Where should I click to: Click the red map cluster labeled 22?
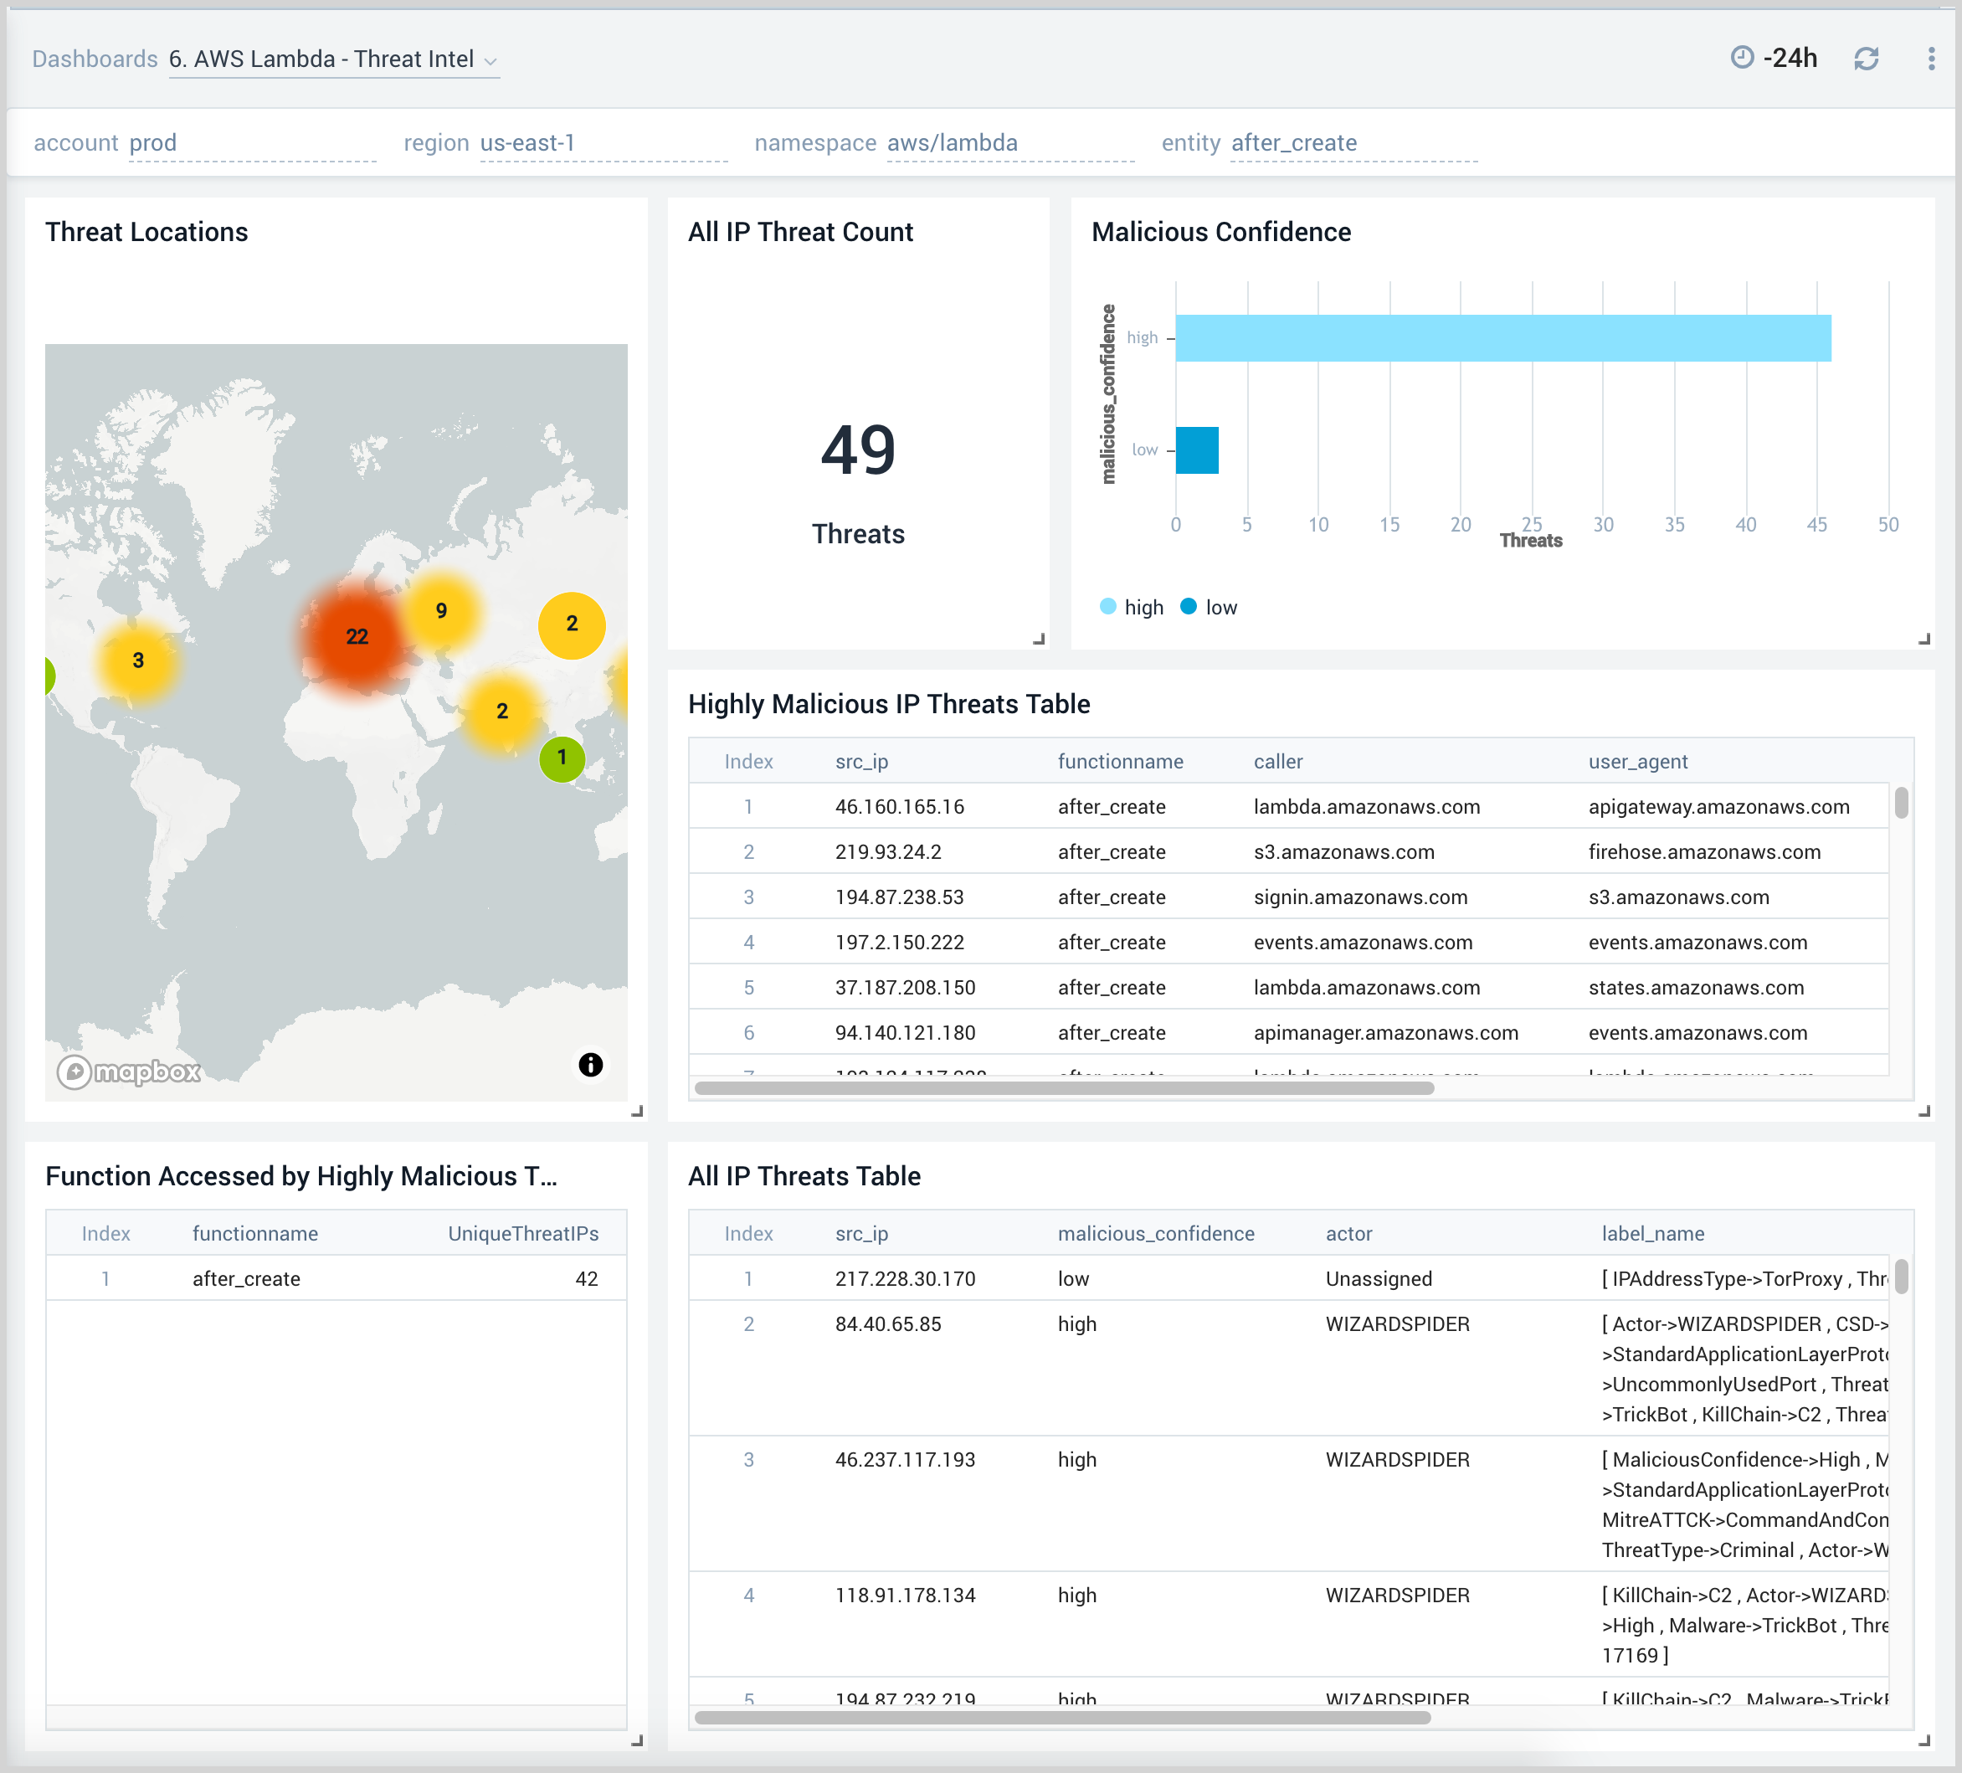point(357,636)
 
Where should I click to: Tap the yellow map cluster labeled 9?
point(441,611)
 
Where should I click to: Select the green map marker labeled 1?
point(562,757)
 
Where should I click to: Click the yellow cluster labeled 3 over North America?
point(138,660)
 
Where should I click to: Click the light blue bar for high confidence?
point(1502,337)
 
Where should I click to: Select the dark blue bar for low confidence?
point(1196,450)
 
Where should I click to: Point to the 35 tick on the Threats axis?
point(1674,525)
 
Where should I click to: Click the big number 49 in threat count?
point(857,450)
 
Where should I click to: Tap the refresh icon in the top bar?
point(1866,59)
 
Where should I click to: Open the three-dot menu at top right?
point(1931,59)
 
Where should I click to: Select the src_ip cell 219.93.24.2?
point(887,851)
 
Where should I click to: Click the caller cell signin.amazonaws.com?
point(1359,897)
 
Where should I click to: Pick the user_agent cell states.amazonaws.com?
point(1695,988)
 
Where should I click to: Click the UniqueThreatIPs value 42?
point(586,1278)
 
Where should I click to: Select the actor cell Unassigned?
point(1378,1278)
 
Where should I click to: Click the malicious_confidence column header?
point(1155,1234)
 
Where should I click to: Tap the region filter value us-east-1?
point(527,143)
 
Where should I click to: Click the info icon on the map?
point(591,1065)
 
